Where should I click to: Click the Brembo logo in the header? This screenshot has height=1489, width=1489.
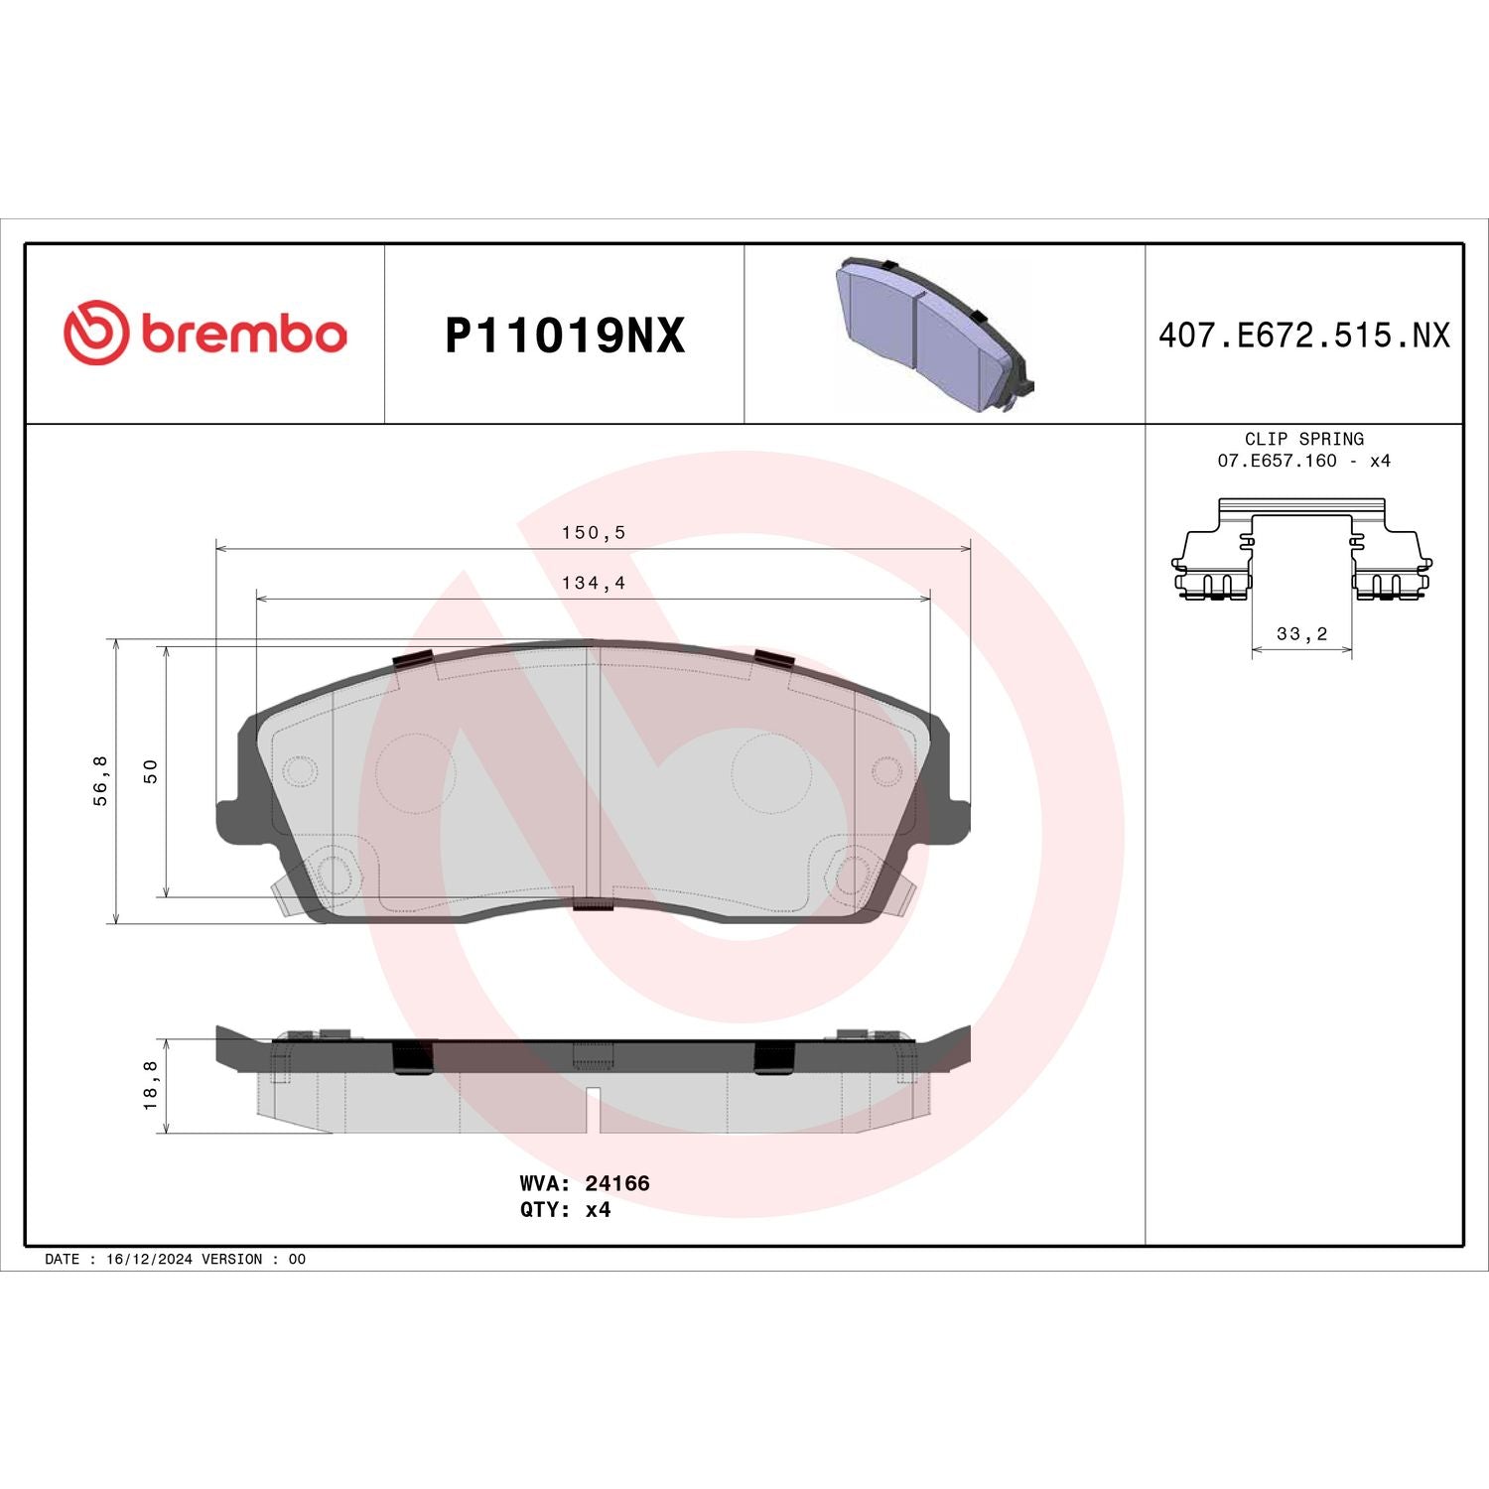(x=205, y=333)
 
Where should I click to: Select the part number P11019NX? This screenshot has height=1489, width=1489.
(x=564, y=336)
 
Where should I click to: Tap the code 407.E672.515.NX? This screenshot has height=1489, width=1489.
(x=1303, y=336)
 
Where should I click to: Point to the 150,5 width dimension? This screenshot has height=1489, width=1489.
(x=594, y=532)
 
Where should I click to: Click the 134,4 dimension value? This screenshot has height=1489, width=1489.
(x=594, y=583)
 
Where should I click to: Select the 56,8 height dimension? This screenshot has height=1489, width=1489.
(x=101, y=780)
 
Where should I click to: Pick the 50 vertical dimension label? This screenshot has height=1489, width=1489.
(x=151, y=771)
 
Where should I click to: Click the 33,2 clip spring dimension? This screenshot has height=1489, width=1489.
(x=1301, y=633)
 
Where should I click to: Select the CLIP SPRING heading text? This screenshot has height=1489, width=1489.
(x=1303, y=439)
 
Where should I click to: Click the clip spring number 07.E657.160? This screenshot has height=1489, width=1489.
(x=1277, y=461)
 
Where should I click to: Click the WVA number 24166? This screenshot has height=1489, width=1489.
(x=616, y=1183)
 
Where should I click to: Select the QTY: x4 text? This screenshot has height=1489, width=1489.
(x=565, y=1209)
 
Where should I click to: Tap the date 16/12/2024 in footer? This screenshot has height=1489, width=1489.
(x=149, y=1259)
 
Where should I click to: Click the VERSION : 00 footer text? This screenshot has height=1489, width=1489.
(x=253, y=1259)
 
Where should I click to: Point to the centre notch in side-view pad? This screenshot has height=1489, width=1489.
(x=593, y=1110)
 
